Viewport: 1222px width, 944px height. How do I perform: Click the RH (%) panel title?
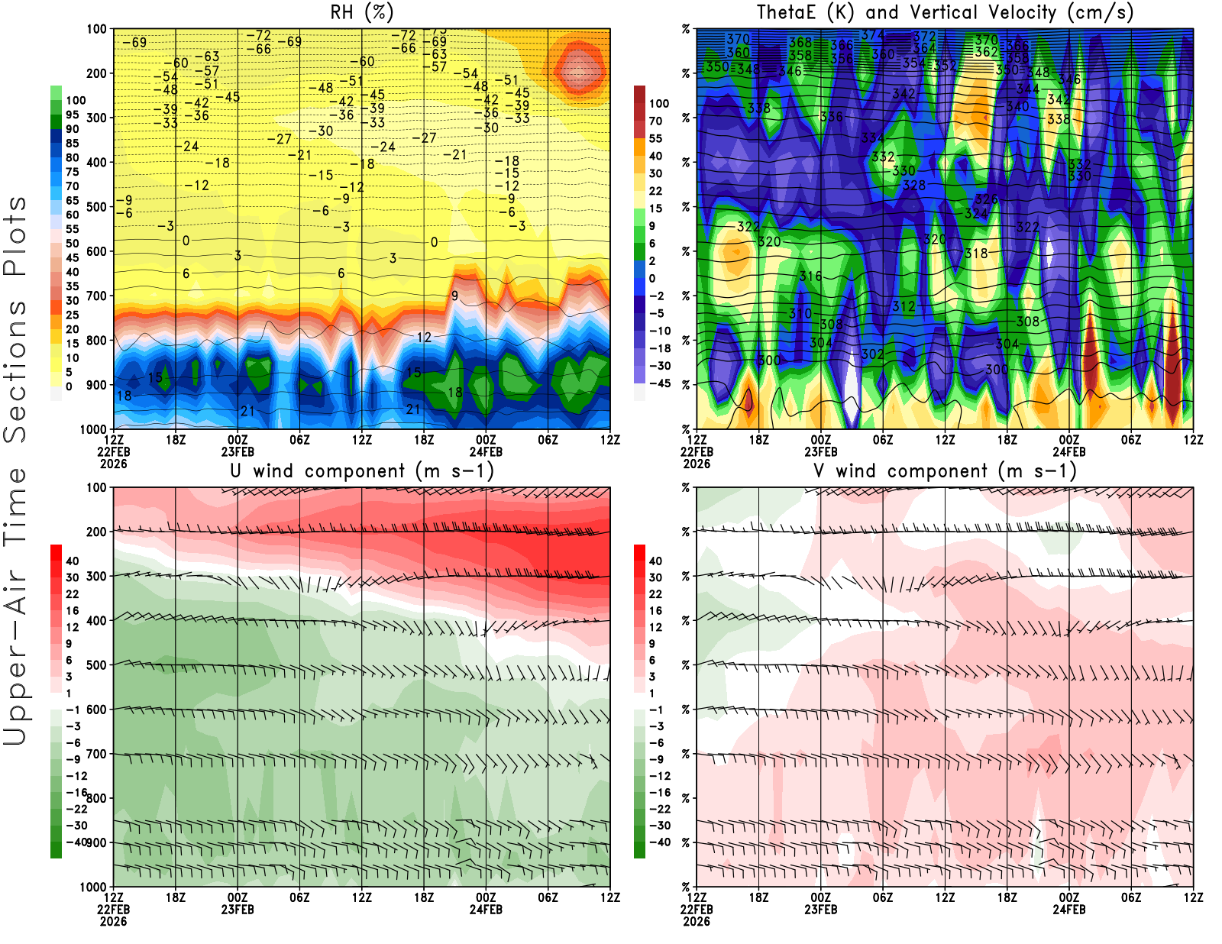click(361, 13)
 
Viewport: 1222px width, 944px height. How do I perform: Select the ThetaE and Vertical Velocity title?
click(945, 13)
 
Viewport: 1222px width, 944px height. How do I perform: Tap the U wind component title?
click(361, 471)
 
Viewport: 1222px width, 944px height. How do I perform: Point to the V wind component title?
click(945, 471)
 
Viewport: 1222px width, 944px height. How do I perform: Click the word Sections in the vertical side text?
click(15, 370)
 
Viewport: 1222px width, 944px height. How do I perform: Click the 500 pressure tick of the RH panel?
click(96, 207)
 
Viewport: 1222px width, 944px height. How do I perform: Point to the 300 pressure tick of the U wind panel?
click(96, 576)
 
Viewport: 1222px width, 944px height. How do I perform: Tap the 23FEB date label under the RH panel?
click(238, 451)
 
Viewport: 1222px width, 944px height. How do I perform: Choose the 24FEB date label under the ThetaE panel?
click(1069, 451)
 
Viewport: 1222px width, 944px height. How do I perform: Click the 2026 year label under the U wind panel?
click(113, 921)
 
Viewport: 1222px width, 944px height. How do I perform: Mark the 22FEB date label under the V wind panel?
click(697, 910)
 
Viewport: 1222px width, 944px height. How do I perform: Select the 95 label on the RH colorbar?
click(73, 115)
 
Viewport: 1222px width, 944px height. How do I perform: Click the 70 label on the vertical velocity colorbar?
click(655, 121)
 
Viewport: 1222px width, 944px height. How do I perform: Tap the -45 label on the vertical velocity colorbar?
click(659, 383)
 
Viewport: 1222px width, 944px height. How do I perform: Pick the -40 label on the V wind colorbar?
click(659, 842)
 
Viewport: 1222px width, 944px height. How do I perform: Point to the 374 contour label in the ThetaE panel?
click(872, 35)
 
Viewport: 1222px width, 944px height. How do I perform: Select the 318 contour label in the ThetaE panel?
click(976, 254)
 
